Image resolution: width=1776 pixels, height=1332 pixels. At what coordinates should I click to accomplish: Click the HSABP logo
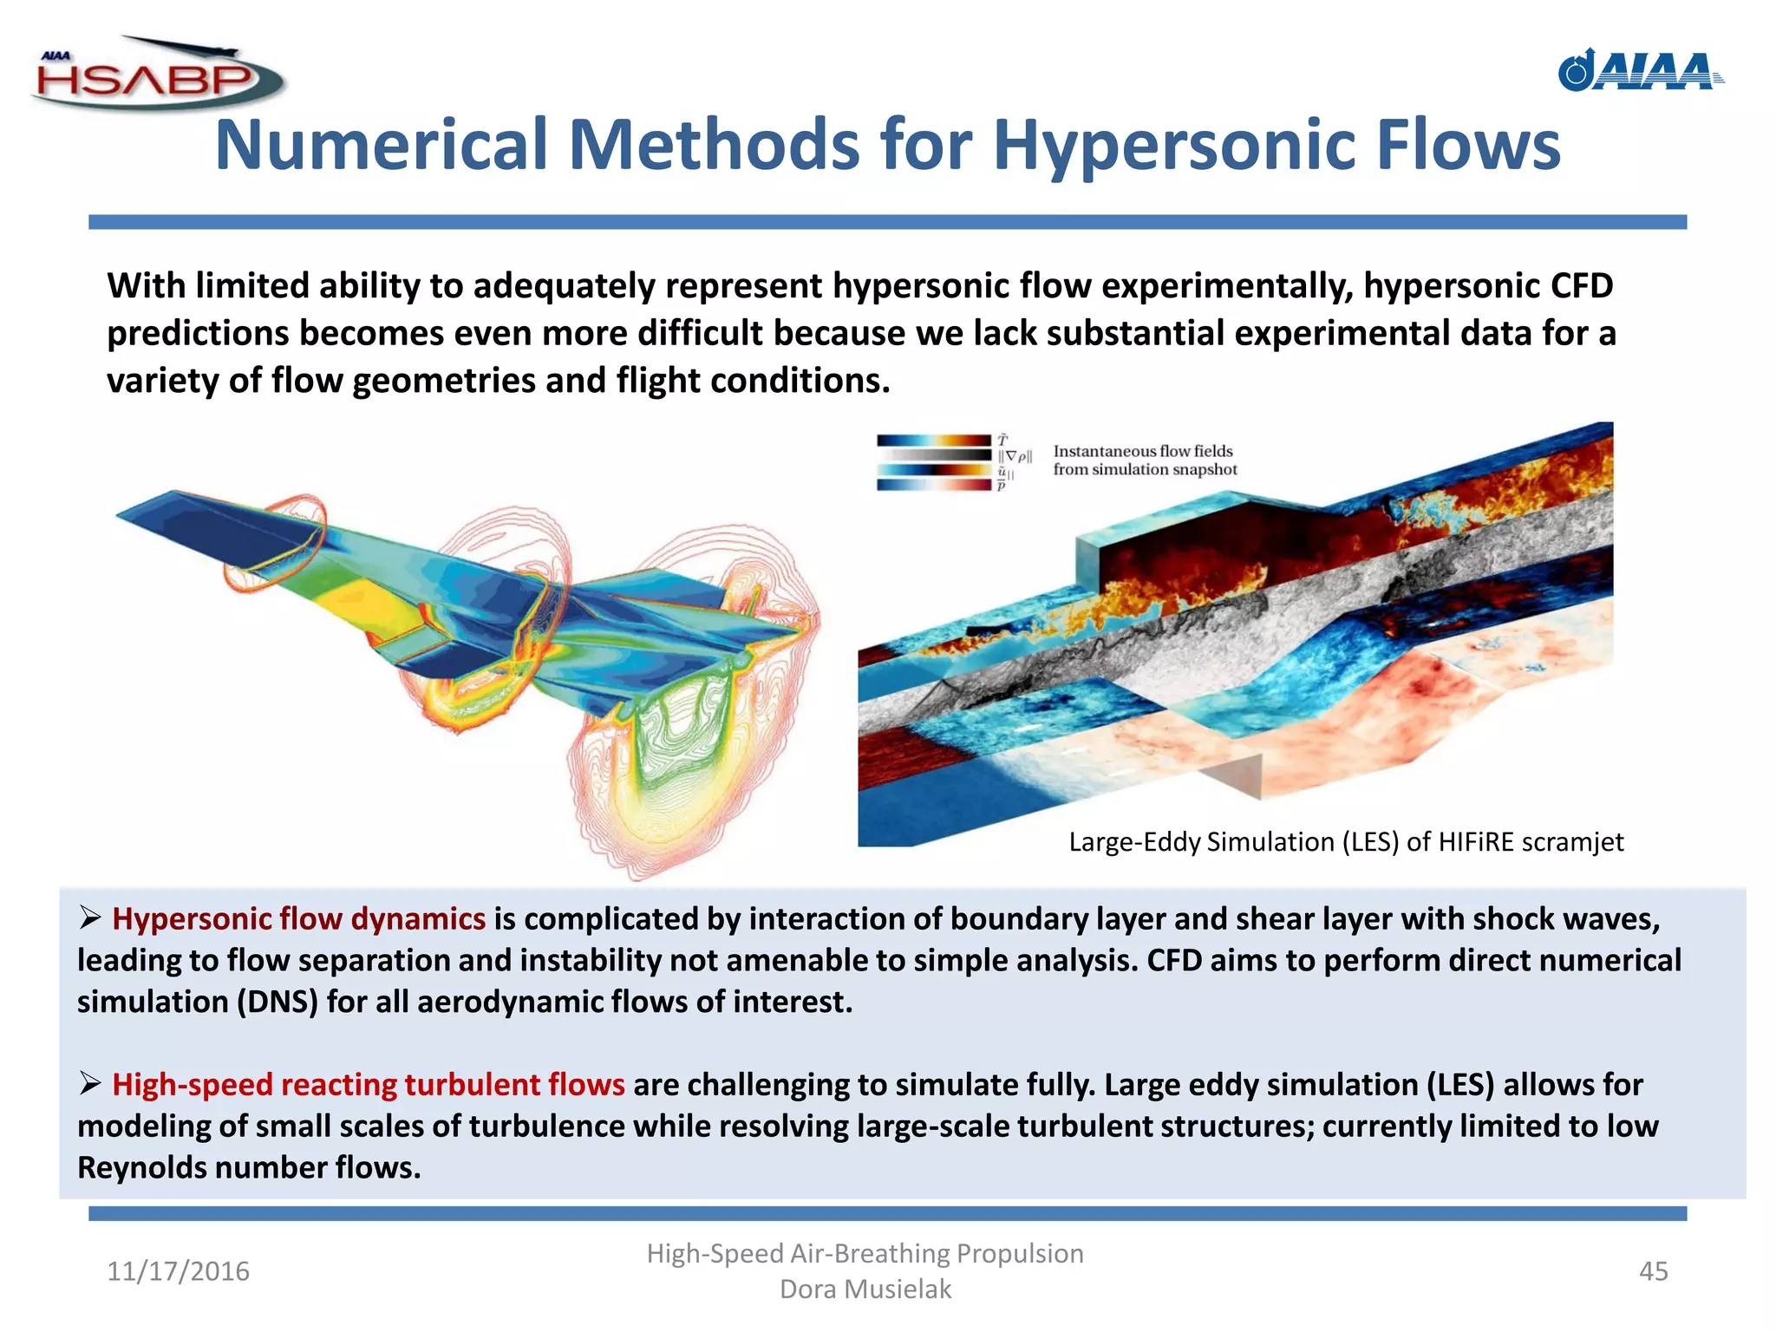click(156, 76)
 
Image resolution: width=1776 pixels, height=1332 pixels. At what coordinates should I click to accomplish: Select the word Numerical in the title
click(381, 145)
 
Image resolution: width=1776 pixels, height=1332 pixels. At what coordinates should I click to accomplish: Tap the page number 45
click(1653, 1271)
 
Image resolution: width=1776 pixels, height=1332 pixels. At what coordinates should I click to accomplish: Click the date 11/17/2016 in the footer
click(178, 1271)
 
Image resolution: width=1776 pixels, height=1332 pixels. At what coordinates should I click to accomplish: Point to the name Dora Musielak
click(865, 1290)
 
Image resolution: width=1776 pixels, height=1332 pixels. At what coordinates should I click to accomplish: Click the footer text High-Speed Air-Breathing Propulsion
click(865, 1253)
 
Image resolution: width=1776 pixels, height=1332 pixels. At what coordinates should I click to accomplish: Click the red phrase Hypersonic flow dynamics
click(298, 919)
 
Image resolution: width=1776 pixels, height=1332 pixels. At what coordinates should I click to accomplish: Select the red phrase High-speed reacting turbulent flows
click(368, 1085)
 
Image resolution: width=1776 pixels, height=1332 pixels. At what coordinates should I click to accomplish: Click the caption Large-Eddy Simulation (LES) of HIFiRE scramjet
click(1346, 842)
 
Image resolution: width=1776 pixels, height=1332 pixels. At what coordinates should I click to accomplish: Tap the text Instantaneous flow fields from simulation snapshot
click(1145, 460)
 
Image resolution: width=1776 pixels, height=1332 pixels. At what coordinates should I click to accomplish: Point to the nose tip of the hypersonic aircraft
click(120, 515)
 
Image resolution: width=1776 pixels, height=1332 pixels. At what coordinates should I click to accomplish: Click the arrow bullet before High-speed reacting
click(90, 1084)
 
